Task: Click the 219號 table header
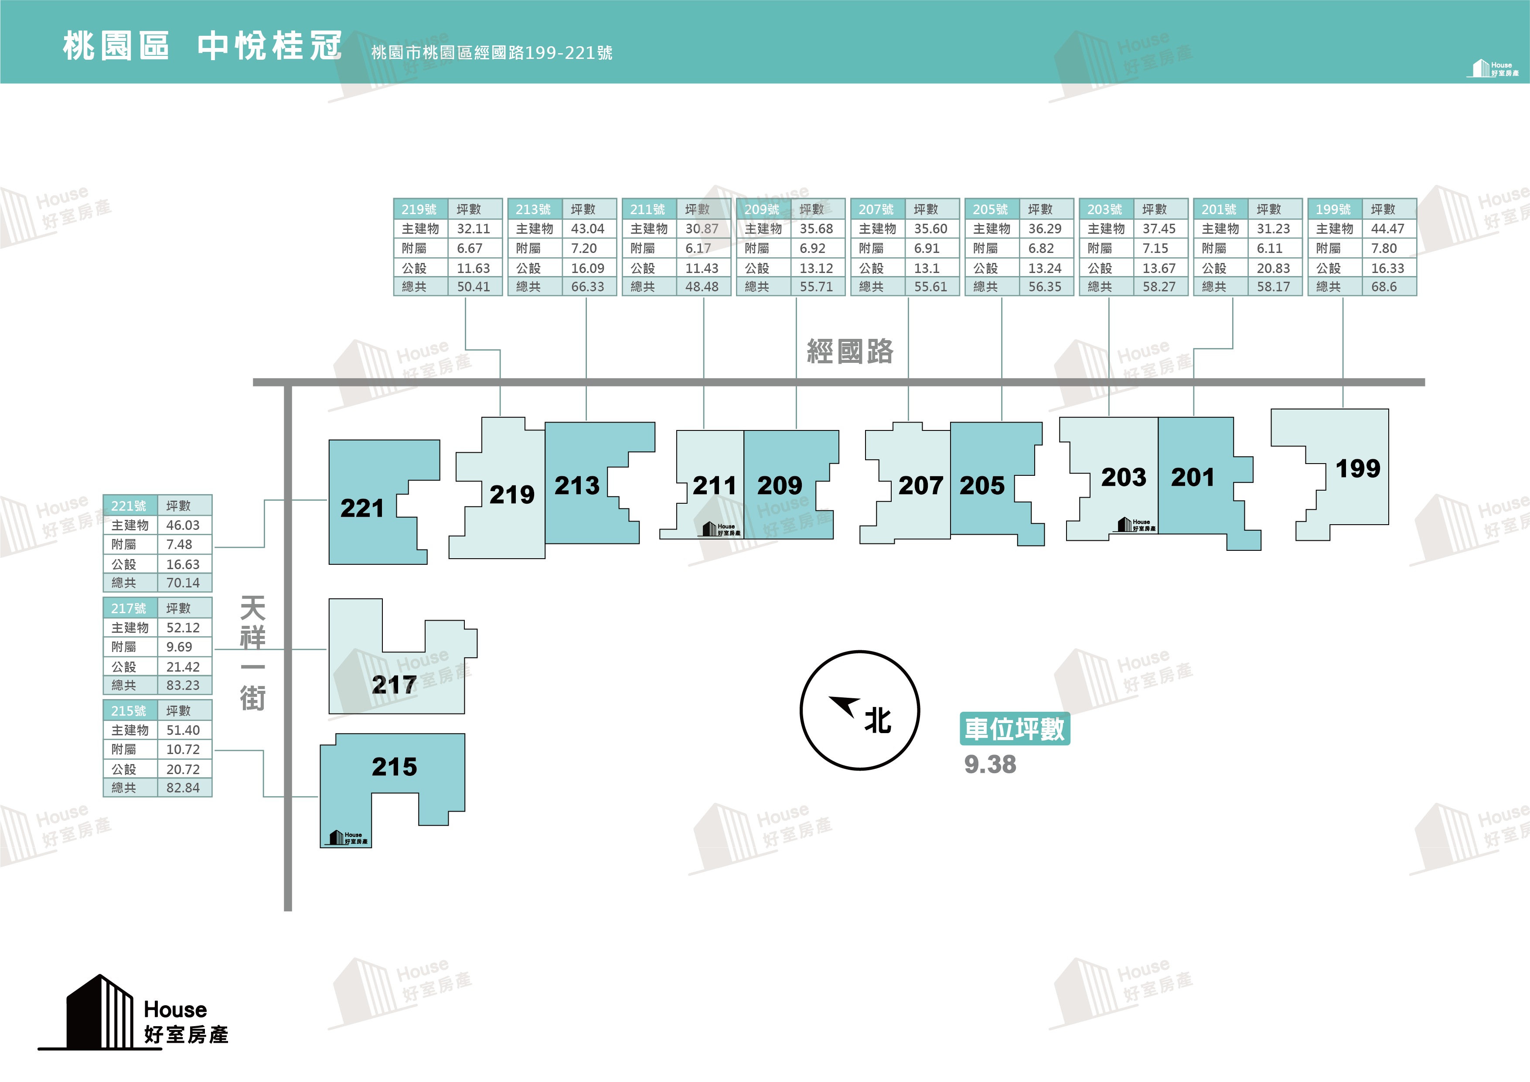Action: [x=419, y=209]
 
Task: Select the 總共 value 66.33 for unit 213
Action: [x=587, y=287]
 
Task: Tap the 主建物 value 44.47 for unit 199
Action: [x=1387, y=229]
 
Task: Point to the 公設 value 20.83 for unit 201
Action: [x=1273, y=268]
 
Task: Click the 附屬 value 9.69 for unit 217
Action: [x=179, y=647]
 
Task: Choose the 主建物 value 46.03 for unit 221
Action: [x=183, y=526]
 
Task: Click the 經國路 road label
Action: [x=850, y=352]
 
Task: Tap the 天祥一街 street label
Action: [x=252, y=653]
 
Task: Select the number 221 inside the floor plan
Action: [x=362, y=508]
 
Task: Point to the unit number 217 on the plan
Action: [x=394, y=685]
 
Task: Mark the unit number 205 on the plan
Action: [x=981, y=485]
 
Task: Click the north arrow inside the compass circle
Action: [x=844, y=705]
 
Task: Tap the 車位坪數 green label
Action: [x=1014, y=729]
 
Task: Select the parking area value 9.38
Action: [x=990, y=765]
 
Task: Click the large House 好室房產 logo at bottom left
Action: [x=133, y=1012]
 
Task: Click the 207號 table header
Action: [x=876, y=209]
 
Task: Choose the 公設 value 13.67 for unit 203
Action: [x=1159, y=268]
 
